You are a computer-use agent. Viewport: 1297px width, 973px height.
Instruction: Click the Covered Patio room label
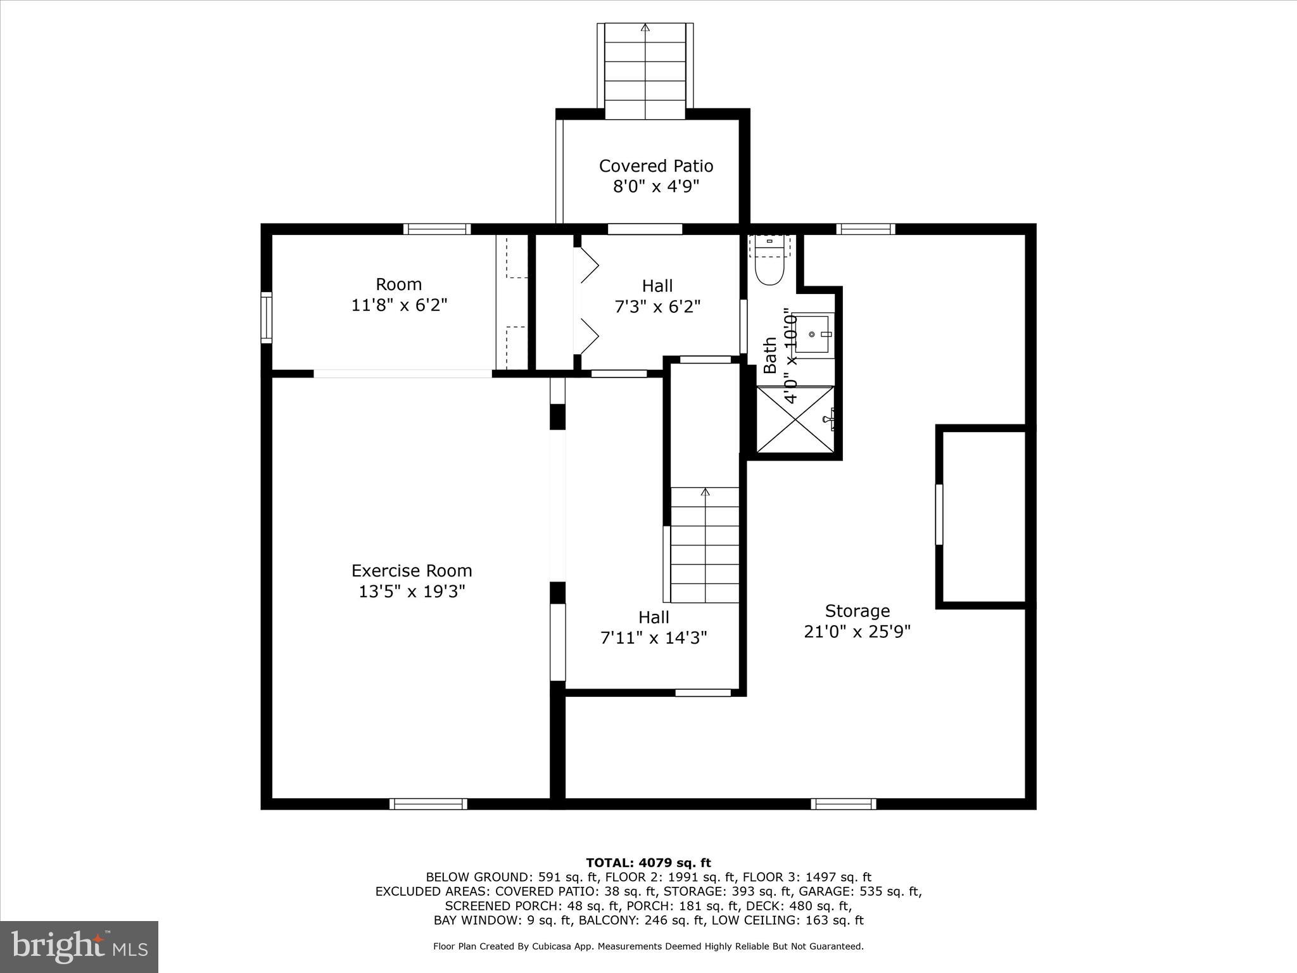pos(656,166)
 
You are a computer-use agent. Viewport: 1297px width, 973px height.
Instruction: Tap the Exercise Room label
pos(412,571)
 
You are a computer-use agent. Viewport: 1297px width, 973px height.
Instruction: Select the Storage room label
pos(857,611)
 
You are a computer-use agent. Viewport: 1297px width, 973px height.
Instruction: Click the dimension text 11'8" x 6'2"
pos(399,305)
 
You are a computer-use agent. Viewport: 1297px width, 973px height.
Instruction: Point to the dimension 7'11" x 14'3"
pos(654,637)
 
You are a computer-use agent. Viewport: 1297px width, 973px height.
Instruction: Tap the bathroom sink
pos(813,334)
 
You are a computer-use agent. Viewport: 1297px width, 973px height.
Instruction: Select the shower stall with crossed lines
pos(795,419)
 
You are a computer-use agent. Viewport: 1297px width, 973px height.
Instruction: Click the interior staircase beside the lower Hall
pos(704,545)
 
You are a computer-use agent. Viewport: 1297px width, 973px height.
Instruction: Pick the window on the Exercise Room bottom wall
pos(428,804)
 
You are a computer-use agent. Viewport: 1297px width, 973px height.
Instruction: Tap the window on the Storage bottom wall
pos(844,804)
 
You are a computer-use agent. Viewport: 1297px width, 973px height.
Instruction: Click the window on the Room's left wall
pos(267,318)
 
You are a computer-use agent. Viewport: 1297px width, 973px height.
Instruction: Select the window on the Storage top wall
pos(865,229)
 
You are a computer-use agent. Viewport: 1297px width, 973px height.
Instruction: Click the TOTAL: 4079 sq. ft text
pos(648,863)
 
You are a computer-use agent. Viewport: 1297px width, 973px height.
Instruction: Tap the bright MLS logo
pos(79,946)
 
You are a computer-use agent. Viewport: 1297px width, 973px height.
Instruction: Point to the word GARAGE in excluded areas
pos(830,891)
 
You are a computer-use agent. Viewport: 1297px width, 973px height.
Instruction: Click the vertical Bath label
pos(769,355)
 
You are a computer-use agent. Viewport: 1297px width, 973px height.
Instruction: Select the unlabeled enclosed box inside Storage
pos(984,517)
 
